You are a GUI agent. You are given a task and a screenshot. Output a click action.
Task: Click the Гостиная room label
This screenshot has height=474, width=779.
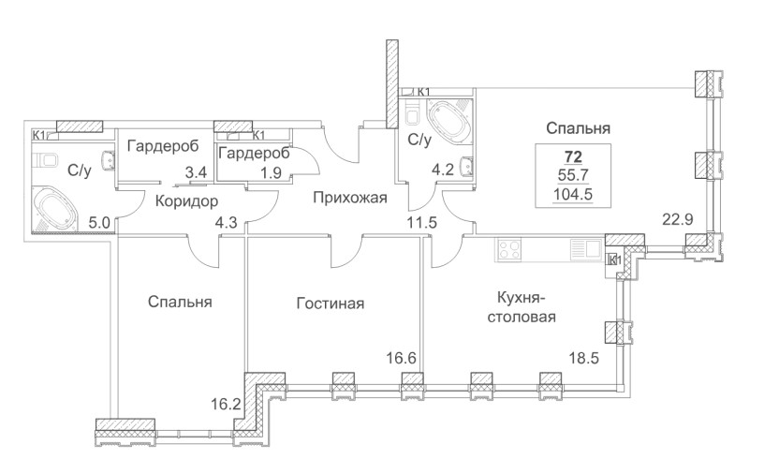click(330, 304)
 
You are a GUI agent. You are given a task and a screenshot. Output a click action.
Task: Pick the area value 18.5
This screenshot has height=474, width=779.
click(584, 357)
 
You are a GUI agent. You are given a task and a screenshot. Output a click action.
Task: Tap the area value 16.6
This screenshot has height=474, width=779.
click(400, 356)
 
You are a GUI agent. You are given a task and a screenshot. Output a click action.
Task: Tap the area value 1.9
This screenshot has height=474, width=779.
click(272, 171)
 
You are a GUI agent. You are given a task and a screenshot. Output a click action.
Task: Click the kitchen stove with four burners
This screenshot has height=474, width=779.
click(510, 250)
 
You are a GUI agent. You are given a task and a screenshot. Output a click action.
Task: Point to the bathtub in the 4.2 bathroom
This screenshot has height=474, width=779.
click(447, 119)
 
